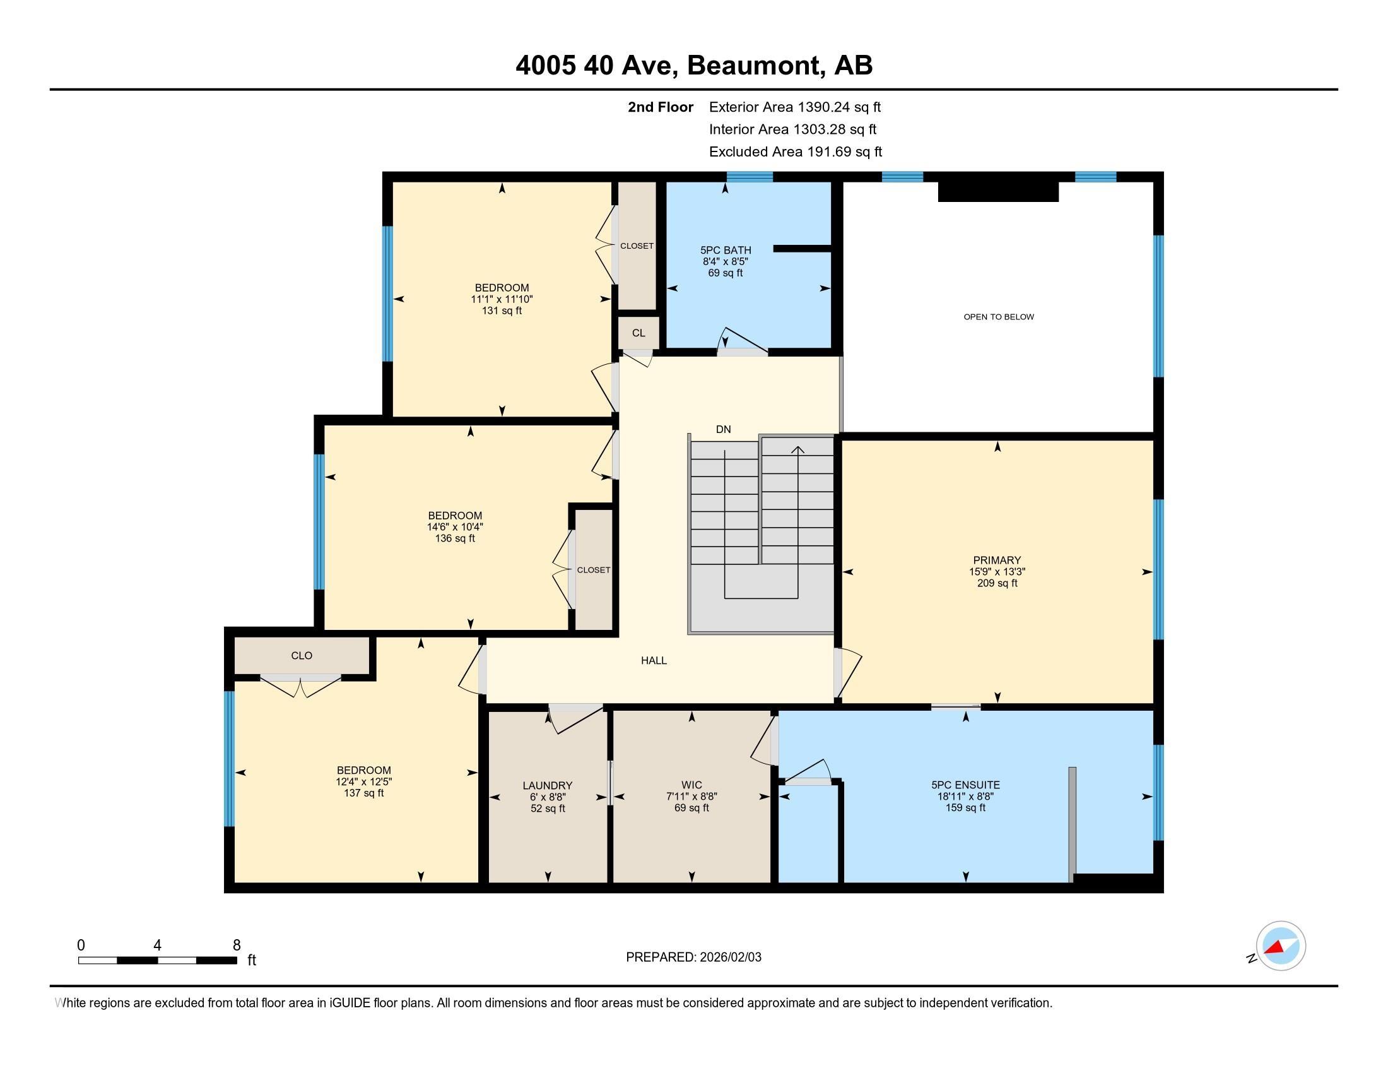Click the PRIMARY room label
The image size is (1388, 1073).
tap(996, 560)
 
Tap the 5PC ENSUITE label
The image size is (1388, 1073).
tap(965, 785)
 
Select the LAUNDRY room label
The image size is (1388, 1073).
tap(547, 786)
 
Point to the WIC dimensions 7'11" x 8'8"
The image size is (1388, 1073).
tap(691, 797)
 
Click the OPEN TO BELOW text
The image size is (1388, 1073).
tap(999, 317)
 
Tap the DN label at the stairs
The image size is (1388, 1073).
tap(723, 429)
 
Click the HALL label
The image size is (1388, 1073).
tap(654, 660)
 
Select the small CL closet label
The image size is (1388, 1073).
tap(638, 333)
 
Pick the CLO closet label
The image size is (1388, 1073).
tap(301, 655)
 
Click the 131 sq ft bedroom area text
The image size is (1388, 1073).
tap(502, 311)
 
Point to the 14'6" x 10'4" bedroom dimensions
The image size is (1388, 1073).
tap(454, 527)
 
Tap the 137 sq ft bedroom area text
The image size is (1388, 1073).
tap(363, 793)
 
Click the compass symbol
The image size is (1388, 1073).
tap(1280, 946)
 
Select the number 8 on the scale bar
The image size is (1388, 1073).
tap(237, 946)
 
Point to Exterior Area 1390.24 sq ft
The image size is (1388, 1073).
tap(794, 107)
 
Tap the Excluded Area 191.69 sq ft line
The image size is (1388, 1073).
tap(795, 151)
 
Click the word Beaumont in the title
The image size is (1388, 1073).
tap(753, 65)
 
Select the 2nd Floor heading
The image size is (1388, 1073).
tap(660, 107)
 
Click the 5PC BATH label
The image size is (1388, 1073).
tap(726, 250)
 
